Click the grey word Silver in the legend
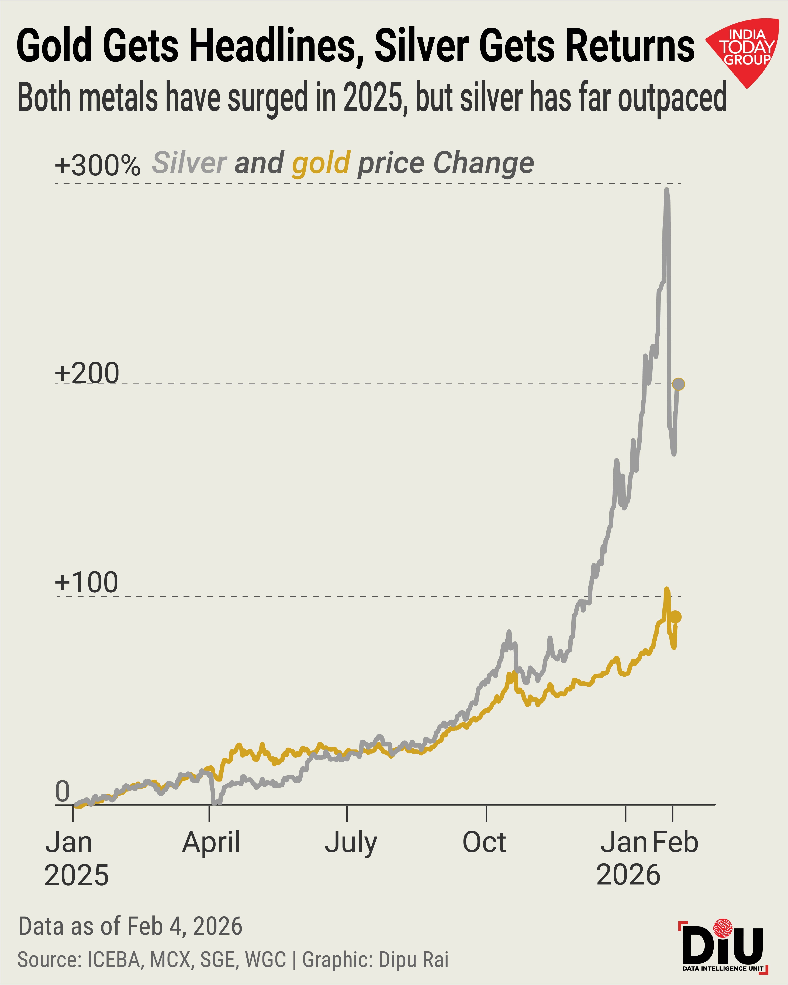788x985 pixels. coord(189,163)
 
